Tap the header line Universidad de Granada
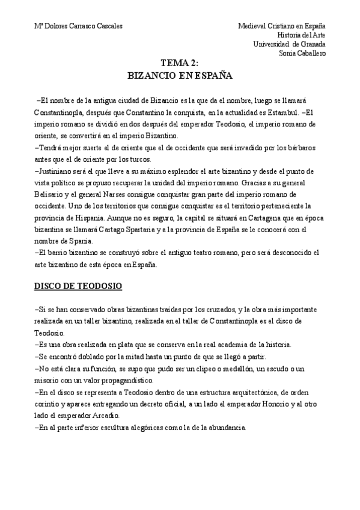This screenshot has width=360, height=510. pyautogui.click(x=290, y=44)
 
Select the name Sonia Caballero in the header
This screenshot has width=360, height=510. pyautogui.click(x=302, y=53)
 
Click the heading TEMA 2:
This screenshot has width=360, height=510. pyautogui.click(x=180, y=64)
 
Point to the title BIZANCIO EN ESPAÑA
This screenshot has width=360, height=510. pyautogui.click(x=180, y=76)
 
